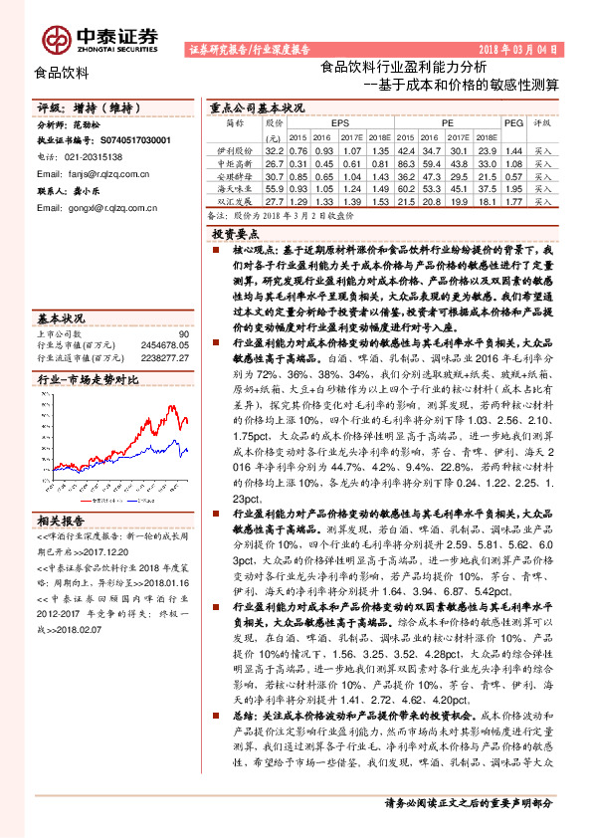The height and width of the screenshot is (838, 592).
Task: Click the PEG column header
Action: (513, 122)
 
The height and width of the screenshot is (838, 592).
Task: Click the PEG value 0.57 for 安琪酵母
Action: (513, 174)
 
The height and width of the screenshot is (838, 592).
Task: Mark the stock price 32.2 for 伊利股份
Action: (275, 148)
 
